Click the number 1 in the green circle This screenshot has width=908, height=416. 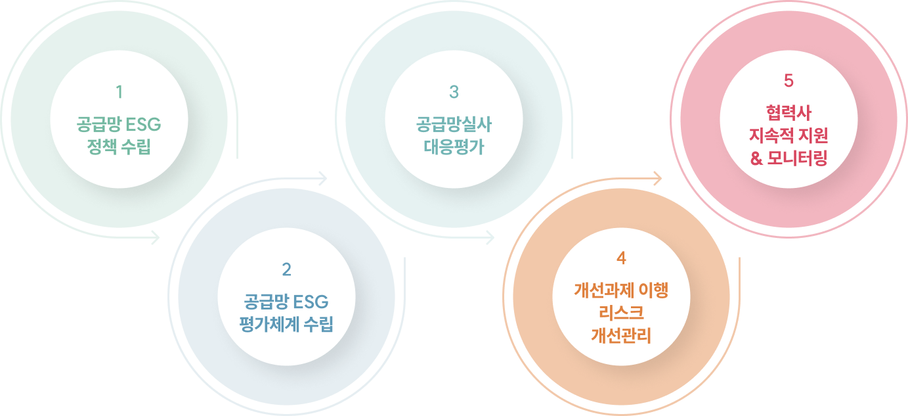point(119,92)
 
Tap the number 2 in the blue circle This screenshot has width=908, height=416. point(287,269)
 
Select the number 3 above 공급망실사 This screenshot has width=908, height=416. point(454,92)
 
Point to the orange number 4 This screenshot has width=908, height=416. point(621,258)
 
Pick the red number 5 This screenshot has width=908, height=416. point(789,81)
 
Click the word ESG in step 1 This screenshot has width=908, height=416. point(143,125)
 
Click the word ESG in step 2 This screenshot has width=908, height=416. point(311,302)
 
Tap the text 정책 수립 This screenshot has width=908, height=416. point(119,147)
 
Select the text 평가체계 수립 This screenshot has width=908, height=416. point(286,324)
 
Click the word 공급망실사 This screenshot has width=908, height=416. point(454,124)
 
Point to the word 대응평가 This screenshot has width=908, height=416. point(454,147)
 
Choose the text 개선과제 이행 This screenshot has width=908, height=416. point(621,290)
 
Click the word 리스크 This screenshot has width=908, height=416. point(621,313)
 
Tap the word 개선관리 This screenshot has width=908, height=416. point(621,335)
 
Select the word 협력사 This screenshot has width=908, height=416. point(789,113)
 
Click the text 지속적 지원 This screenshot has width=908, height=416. point(789,135)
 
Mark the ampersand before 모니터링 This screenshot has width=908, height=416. point(756,158)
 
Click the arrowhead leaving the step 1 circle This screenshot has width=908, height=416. point(155,237)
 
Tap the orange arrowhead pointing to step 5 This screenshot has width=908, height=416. point(657,178)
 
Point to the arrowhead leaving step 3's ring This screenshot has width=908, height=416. point(490,237)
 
